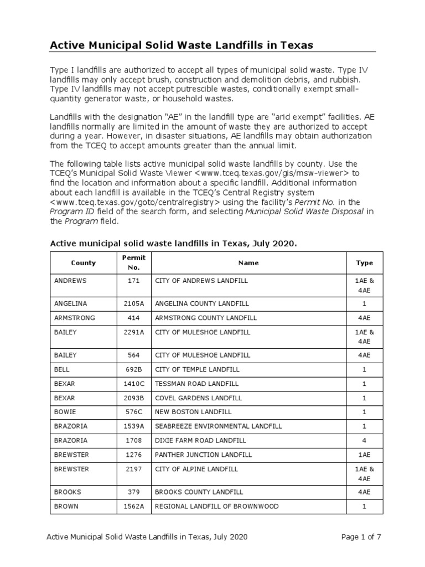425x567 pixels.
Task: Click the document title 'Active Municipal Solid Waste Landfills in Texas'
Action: point(182,45)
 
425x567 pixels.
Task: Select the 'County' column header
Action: point(83,263)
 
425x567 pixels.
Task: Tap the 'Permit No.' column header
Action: point(133,263)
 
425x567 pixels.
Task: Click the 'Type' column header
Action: point(364,263)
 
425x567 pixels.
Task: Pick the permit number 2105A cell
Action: point(133,303)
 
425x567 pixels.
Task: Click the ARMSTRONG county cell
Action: point(74,318)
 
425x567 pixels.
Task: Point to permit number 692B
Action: point(133,369)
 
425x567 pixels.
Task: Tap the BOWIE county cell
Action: point(65,412)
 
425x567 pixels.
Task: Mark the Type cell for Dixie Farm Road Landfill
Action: point(364,440)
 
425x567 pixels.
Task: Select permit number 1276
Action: point(133,455)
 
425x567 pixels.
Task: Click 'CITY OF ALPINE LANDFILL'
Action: point(196,469)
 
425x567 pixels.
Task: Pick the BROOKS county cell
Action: point(68,492)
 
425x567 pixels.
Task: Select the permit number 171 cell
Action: point(133,281)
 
